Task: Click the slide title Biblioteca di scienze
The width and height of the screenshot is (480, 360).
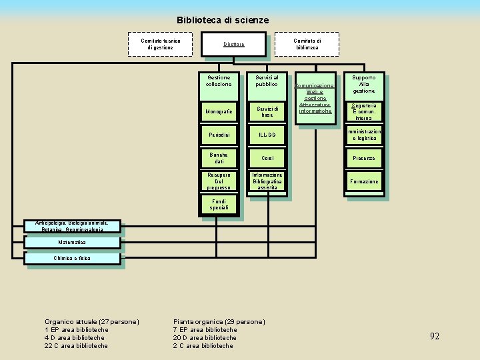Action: [x=223, y=20]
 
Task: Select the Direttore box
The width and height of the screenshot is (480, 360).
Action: [x=233, y=45]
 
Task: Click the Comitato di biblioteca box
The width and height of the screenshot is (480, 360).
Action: [x=307, y=44]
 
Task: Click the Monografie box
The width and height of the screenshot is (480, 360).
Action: [x=219, y=111]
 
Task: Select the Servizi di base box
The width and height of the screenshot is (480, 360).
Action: [x=267, y=111]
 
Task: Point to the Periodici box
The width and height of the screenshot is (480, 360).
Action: [x=219, y=135]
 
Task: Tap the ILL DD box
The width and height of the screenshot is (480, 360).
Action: [x=267, y=135]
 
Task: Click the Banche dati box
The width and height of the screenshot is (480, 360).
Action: [x=219, y=158]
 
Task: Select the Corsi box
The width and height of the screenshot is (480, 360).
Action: [x=267, y=158]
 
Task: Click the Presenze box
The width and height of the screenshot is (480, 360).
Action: [x=364, y=158]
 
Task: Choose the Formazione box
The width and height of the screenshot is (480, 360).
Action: [x=364, y=181]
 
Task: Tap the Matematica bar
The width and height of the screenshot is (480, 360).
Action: [x=72, y=243]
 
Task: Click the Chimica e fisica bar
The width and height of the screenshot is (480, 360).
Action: [x=72, y=258]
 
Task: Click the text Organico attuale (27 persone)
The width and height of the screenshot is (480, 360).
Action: [x=91, y=322]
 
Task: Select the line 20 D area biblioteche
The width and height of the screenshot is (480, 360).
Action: [x=205, y=338]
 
